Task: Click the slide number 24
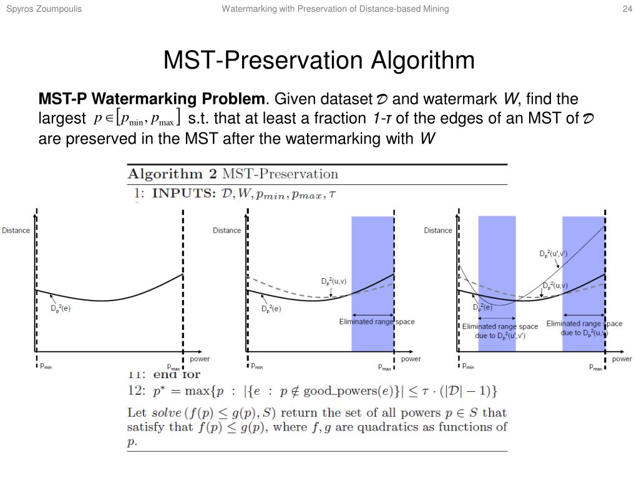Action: tap(627, 9)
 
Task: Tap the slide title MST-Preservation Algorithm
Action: tap(319, 61)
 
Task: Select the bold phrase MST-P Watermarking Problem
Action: tap(152, 99)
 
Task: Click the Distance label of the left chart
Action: tap(16, 231)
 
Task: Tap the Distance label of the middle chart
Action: tap(227, 231)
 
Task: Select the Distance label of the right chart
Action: tap(438, 231)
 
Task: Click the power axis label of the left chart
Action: tap(199, 359)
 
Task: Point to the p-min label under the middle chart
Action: tap(256, 367)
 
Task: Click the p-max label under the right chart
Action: tap(596, 367)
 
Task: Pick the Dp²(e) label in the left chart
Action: tap(61, 308)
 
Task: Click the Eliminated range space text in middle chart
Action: tap(376, 322)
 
